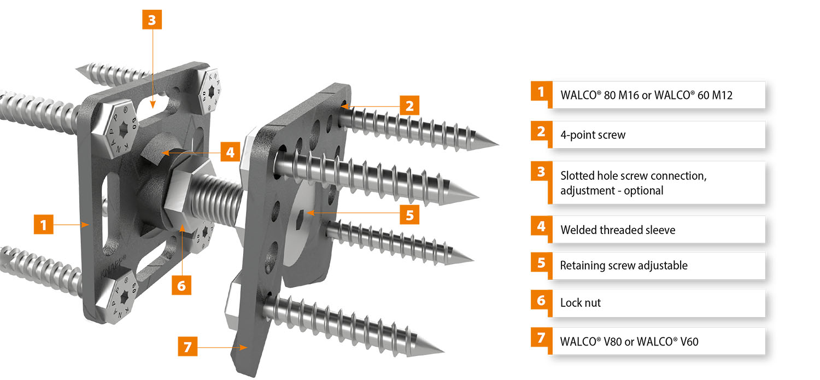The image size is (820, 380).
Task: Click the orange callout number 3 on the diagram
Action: (152, 20)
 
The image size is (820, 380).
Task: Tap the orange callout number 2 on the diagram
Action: (409, 106)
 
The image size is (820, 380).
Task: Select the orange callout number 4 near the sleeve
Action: (230, 152)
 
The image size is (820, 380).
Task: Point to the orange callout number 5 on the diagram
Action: (409, 214)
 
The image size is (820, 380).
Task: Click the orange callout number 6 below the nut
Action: (181, 285)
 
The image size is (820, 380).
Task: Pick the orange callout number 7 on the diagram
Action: (188, 346)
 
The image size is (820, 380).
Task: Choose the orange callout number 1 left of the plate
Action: (44, 224)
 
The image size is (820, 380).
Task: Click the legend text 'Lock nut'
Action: (580, 303)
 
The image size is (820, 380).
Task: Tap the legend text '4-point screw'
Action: (593, 135)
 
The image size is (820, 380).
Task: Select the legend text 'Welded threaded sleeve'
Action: (618, 230)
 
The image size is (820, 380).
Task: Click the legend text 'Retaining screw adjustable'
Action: (624, 265)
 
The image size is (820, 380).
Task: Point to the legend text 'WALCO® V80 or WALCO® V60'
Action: (629, 342)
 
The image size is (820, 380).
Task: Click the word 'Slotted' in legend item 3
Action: (577, 176)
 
